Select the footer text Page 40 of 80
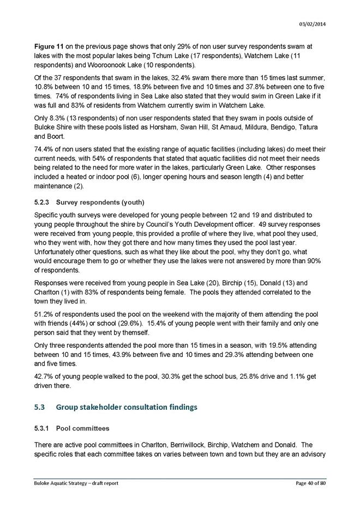pos(307,483)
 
